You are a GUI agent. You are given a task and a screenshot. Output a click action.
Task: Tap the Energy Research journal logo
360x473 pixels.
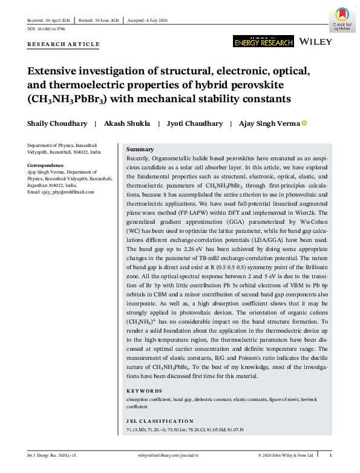pyautogui.click(x=263, y=41)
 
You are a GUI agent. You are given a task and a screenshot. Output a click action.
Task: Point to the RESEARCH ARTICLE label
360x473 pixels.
pyautogui.click(x=64, y=45)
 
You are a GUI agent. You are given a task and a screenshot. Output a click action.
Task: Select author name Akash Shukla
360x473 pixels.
pyautogui.click(x=127, y=123)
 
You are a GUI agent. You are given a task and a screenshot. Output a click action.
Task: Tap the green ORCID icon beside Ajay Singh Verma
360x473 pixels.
pyautogui.click(x=304, y=123)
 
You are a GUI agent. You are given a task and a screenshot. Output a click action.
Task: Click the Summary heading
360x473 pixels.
pyautogui.click(x=139, y=149)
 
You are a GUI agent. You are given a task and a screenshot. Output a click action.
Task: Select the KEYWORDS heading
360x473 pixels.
pyautogui.click(x=144, y=391)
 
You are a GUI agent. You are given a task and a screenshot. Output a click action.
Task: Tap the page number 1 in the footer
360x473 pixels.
pyautogui.click(x=330, y=455)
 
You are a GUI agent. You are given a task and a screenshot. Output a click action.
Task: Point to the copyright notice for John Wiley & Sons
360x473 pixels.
pyautogui.click(x=286, y=455)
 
